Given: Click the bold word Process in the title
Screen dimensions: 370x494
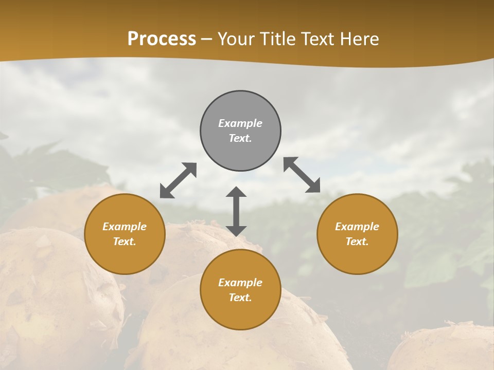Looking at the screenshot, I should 162,39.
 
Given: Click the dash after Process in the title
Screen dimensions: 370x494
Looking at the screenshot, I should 207,40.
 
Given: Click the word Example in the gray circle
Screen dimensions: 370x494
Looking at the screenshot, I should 240,123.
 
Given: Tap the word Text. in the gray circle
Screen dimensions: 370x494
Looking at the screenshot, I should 240,138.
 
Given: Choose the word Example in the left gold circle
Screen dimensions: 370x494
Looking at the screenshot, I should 125,227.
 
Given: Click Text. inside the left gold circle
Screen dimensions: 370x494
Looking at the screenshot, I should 125,242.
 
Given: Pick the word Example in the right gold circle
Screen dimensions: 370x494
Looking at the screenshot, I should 357,227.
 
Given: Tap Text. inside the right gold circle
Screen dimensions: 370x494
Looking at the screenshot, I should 357,242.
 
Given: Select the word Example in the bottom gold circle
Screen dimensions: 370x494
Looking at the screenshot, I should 240,283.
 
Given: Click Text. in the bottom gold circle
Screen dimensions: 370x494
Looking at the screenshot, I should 240,298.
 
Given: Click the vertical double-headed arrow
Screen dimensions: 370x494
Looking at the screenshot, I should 236,211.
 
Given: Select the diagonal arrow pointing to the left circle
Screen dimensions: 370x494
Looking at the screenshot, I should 178,180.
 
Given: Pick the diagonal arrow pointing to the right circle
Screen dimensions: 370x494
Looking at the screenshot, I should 302,175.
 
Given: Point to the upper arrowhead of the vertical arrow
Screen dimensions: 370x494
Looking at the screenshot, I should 236,193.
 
